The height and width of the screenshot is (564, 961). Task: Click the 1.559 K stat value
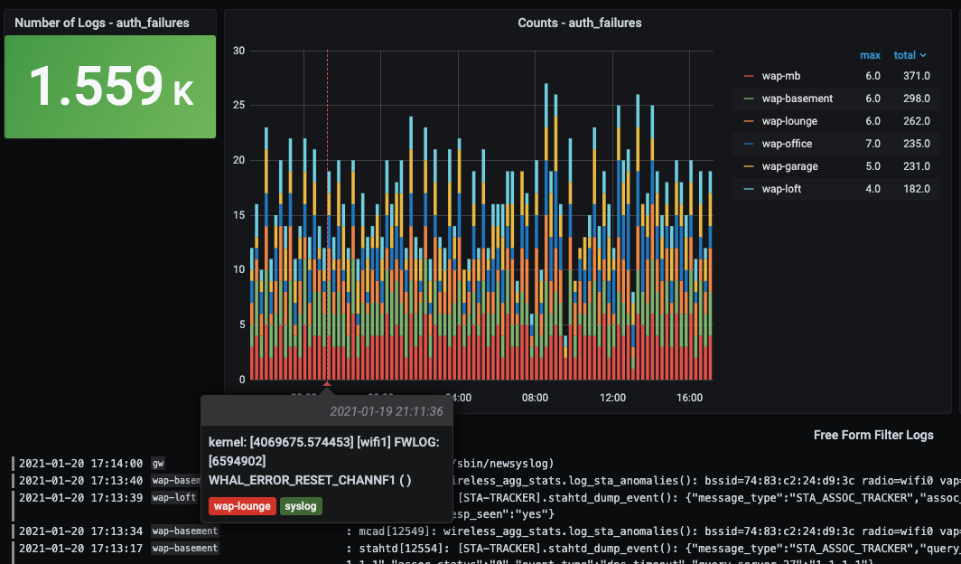(x=110, y=87)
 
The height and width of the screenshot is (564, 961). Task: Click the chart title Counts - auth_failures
(x=580, y=23)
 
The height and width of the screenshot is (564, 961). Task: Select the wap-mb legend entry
(x=780, y=76)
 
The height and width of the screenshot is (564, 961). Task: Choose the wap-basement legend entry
(x=797, y=99)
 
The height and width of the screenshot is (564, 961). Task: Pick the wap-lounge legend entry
(x=789, y=121)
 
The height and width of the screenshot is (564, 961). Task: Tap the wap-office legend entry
(x=787, y=144)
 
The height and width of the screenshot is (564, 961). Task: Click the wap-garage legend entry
(x=788, y=166)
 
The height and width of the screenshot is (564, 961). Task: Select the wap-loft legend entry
(x=781, y=189)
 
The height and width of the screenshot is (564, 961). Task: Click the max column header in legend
(x=870, y=55)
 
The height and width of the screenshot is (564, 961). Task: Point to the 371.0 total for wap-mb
(x=916, y=76)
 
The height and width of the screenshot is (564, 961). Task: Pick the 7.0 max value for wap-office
(x=872, y=144)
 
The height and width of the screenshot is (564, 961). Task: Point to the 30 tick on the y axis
(x=239, y=51)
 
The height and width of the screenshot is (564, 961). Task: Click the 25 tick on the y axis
(x=239, y=106)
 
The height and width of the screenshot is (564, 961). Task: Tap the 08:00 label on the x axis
(x=536, y=398)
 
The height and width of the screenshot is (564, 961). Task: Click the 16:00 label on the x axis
(x=690, y=398)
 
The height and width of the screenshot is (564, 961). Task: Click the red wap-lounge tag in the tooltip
(x=242, y=506)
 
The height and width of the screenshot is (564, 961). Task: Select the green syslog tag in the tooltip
(x=301, y=506)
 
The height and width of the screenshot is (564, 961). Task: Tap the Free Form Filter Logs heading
(x=873, y=435)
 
